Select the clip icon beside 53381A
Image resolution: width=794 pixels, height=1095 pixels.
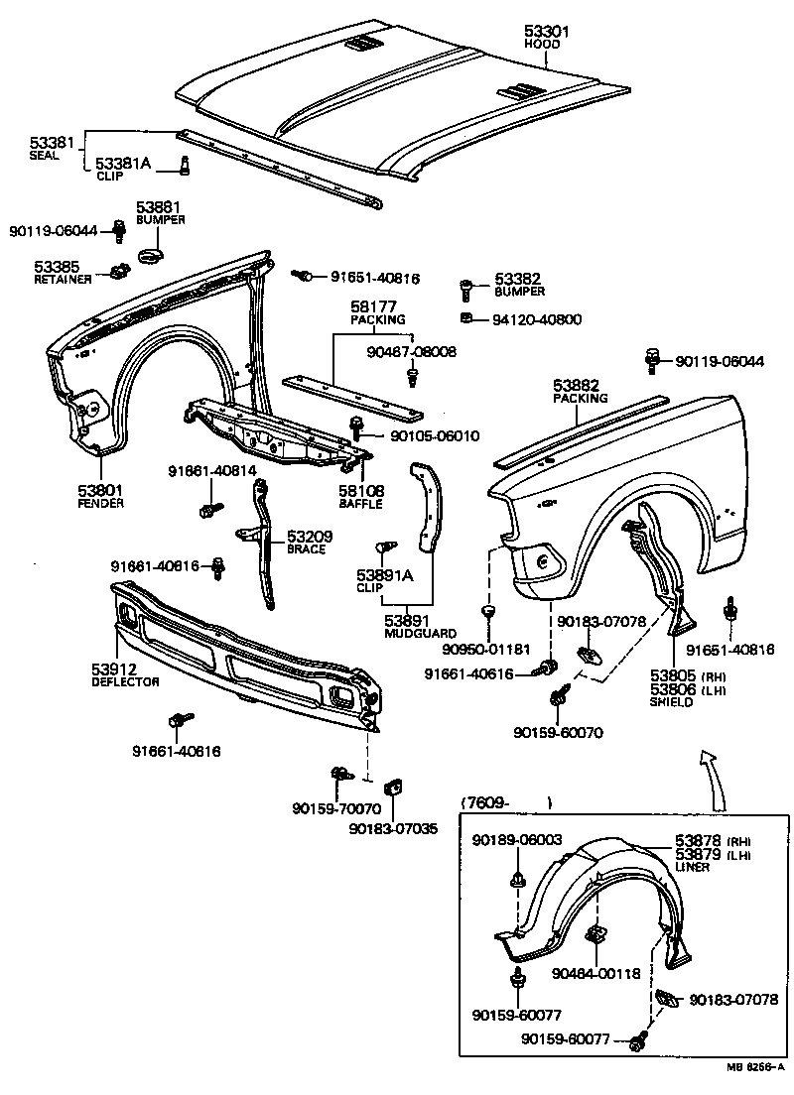(184, 164)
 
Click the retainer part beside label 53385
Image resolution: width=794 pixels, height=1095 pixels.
(119, 270)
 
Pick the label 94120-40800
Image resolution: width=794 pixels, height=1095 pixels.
(537, 319)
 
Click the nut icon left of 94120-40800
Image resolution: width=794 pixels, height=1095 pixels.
(466, 318)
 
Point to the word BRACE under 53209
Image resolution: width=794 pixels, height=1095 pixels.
(307, 548)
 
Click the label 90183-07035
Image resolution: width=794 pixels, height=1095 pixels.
(393, 828)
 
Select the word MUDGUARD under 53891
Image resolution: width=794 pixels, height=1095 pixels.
(421, 633)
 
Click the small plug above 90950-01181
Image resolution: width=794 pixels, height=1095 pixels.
(487, 608)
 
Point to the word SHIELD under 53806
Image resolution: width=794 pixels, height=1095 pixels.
(672, 701)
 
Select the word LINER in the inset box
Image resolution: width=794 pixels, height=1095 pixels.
(693, 866)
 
